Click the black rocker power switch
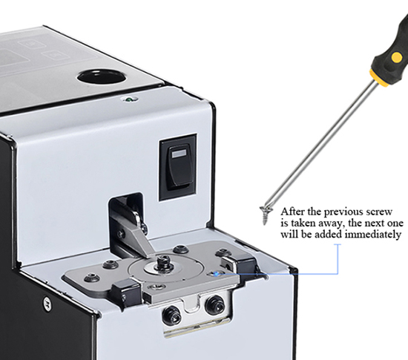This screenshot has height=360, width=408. (x=178, y=167)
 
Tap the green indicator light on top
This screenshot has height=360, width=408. (x=128, y=99)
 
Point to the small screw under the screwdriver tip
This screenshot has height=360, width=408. (x=266, y=215)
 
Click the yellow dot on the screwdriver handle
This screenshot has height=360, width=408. (x=397, y=57)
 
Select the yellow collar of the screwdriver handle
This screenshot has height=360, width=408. (x=380, y=78)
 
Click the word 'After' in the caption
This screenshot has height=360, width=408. (x=292, y=212)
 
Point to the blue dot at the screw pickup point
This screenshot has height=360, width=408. (x=216, y=274)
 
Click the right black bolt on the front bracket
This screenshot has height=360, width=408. (x=214, y=304)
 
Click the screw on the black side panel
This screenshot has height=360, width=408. (x=47, y=304)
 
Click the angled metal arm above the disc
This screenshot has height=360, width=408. (x=142, y=239)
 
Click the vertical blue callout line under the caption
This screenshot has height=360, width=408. (x=338, y=259)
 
